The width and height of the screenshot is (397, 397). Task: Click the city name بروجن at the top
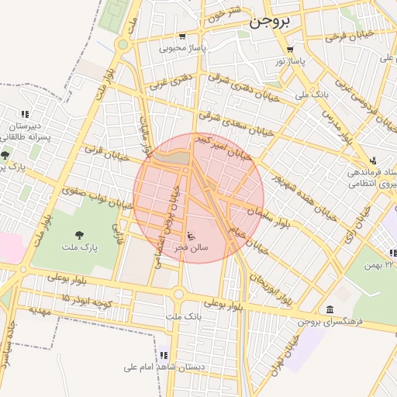pyautogui.click(x=269, y=22)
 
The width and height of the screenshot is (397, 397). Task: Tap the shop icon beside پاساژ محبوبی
pyautogui.click(x=182, y=36)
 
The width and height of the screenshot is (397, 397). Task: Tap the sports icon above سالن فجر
pyautogui.click(x=192, y=236)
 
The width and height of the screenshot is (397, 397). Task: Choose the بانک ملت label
pyautogui.click(x=184, y=316)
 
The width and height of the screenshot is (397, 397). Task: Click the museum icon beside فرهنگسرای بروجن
pyautogui.click(x=331, y=309)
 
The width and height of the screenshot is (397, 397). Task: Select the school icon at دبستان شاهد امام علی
pyautogui.click(x=164, y=355)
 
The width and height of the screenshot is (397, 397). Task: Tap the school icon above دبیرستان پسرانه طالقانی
pyautogui.click(x=24, y=114)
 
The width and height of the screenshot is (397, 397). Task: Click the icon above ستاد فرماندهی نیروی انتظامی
pyautogui.click(x=373, y=160)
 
